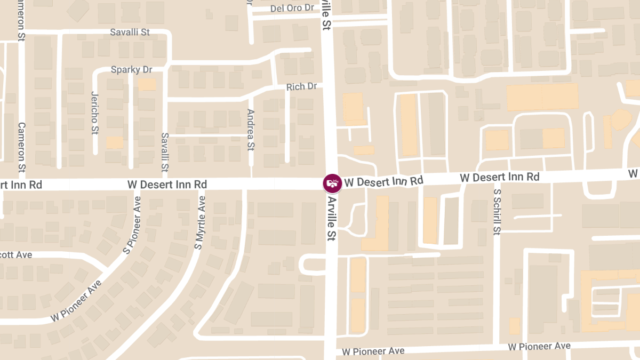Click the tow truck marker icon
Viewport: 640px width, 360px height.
tap(332, 183)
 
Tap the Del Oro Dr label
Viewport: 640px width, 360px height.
tap(292, 8)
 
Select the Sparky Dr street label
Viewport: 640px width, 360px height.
tap(132, 70)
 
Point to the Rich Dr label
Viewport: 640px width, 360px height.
tap(301, 86)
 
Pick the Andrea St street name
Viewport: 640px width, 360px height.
tap(251, 130)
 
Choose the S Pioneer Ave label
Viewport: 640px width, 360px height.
tap(132, 225)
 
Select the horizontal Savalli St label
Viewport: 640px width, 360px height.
tap(130, 32)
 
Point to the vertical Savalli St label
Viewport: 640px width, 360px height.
tap(165, 152)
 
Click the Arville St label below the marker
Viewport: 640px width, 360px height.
tap(332, 218)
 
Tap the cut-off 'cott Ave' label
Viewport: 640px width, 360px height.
tap(16, 255)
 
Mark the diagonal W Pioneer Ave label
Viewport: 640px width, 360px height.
tap(76, 300)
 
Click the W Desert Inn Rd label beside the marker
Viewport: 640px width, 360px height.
tap(383, 181)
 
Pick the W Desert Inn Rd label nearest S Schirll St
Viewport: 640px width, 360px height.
tap(500, 177)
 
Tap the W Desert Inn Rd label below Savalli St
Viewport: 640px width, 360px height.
tap(167, 184)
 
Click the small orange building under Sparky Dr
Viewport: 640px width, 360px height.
tap(147, 85)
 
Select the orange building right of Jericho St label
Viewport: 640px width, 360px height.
tap(115, 142)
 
